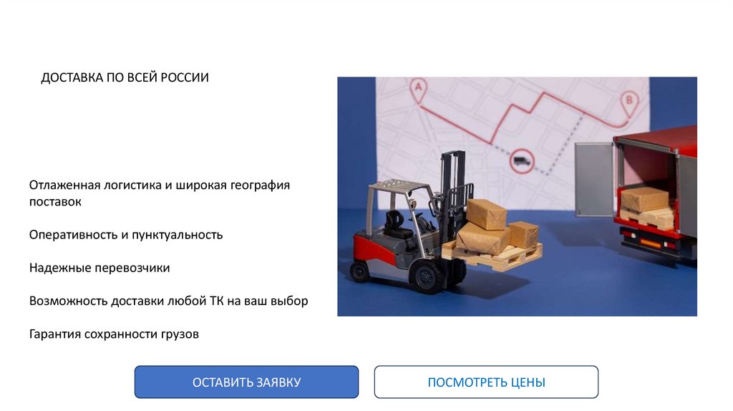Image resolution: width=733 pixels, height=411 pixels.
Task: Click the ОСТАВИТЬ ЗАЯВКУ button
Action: [246, 382]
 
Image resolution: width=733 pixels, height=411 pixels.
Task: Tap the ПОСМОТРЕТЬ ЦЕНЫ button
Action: [486, 382]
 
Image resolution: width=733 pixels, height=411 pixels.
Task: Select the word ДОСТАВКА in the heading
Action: [72, 77]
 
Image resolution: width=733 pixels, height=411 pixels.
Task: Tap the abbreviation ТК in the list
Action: [216, 301]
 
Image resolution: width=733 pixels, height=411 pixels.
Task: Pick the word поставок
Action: [55, 202]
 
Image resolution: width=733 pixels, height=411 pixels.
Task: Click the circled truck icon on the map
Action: [522, 161]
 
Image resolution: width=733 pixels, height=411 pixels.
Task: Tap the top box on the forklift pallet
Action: [487, 214]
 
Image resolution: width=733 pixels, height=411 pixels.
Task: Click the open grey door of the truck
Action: [593, 180]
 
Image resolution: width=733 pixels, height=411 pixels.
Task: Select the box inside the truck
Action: [645, 199]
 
